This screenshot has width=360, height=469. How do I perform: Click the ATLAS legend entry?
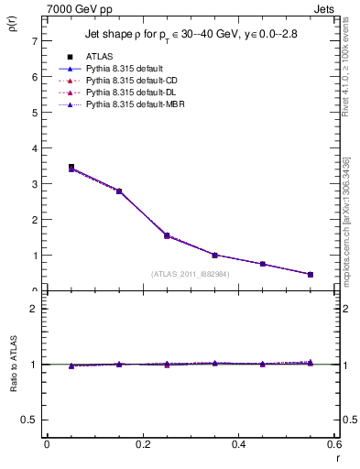click(x=100, y=57)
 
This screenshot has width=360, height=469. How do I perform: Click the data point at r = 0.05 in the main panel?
click(x=71, y=168)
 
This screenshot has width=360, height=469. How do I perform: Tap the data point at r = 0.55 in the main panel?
click(x=311, y=274)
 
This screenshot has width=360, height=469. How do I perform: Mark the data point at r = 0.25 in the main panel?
click(x=167, y=235)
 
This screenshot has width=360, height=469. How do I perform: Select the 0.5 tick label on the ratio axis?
click(x=29, y=420)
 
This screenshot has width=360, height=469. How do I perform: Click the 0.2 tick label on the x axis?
click(x=143, y=444)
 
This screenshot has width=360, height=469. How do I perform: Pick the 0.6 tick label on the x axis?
click(x=334, y=444)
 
